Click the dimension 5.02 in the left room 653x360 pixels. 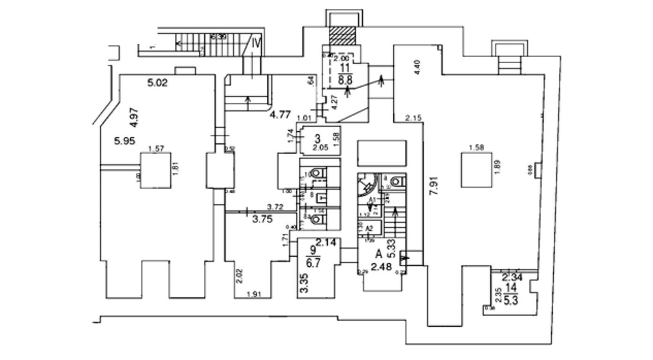pyautogui.click(x=158, y=83)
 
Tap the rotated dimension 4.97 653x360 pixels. pyautogui.click(x=135, y=118)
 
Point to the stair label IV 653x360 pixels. pyautogui.click(x=256, y=43)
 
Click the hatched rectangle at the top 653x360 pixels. pyautogui.click(x=343, y=36)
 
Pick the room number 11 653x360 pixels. pyautogui.click(x=345, y=68)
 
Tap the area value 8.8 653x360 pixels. pyautogui.click(x=345, y=80)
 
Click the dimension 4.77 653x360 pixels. pyautogui.click(x=280, y=113)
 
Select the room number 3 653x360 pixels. pyautogui.click(x=317, y=139)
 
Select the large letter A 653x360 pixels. pyautogui.click(x=379, y=255)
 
